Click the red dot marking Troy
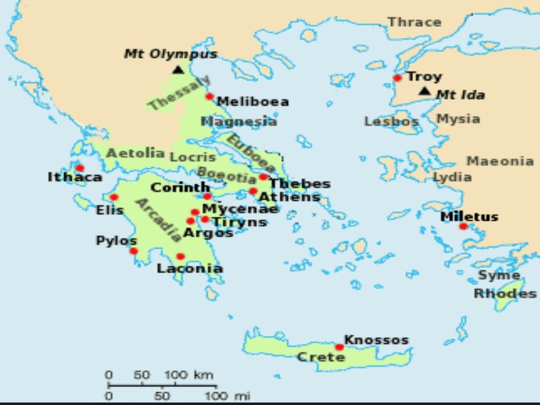(x=398, y=78)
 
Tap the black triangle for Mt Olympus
(x=178, y=70)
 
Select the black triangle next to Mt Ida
(x=425, y=91)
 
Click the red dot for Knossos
(x=339, y=347)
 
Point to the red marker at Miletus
(x=463, y=226)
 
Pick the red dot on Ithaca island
(x=80, y=168)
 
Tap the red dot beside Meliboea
(x=209, y=97)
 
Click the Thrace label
(x=414, y=22)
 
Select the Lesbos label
(x=391, y=122)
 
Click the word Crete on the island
(x=321, y=357)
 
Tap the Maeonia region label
(x=499, y=161)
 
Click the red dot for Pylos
(x=133, y=251)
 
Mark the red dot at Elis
(x=114, y=197)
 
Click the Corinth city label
(x=180, y=188)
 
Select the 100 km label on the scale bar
(x=189, y=375)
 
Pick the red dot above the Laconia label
(x=180, y=256)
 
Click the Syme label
(x=498, y=275)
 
